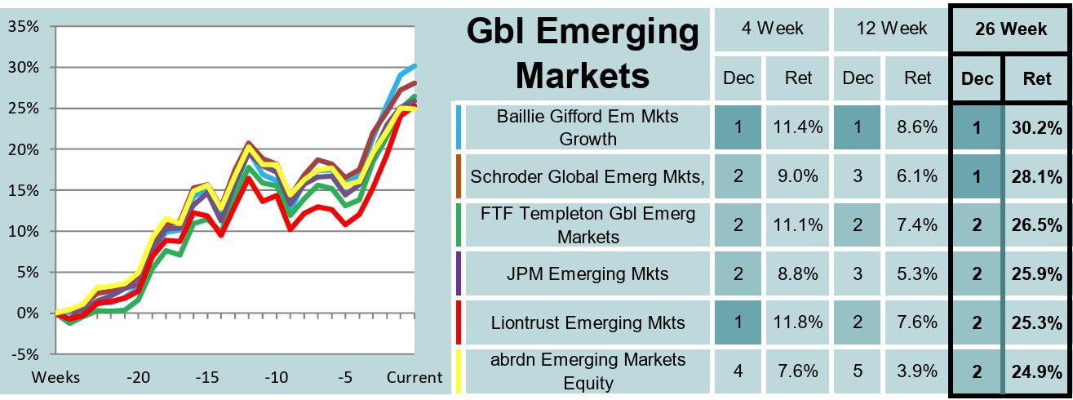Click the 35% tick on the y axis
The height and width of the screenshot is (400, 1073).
coord(23,26)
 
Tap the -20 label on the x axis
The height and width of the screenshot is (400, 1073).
coord(138,378)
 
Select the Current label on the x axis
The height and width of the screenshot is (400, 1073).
coord(415,378)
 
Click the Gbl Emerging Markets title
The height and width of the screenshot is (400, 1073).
coord(583,54)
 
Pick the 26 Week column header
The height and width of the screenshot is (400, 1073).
coord(1011,29)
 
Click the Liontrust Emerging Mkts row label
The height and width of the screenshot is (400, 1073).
coord(587,322)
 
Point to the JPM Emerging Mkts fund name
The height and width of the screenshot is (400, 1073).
coord(587,274)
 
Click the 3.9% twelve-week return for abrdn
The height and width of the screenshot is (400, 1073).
coord(917,371)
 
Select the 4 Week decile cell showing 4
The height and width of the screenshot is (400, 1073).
coord(737,371)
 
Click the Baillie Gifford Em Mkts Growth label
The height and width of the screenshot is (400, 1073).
coord(587,127)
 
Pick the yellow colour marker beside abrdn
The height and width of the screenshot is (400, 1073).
coord(459,371)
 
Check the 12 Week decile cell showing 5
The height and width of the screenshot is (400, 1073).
coord(858,371)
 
